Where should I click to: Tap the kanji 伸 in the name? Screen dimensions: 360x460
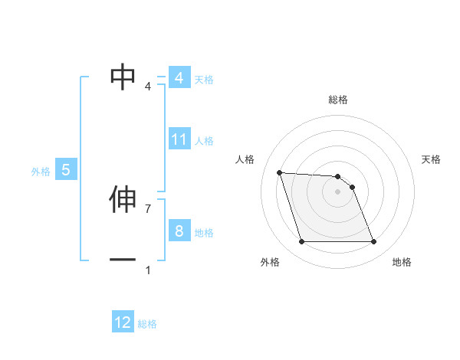click(123, 200)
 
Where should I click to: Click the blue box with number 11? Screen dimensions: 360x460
click(179, 139)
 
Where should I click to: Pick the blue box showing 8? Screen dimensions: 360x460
click(179, 231)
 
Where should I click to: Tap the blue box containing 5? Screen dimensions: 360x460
click(66, 170)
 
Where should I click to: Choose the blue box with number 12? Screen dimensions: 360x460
click(123, 322)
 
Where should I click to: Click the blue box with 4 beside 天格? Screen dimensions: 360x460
click(179, 78)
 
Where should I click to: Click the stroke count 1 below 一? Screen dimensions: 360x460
click(148, 270)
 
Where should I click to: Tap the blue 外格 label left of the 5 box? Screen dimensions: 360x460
click(41, 172)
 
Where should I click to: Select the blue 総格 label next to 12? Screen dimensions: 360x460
click(147, 324)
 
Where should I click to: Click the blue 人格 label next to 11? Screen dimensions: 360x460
click(204, 141)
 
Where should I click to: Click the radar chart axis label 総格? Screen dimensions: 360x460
click(338, 100)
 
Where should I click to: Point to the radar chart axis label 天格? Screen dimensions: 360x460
click(432, 159)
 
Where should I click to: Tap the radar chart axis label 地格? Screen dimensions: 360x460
click(402, 262)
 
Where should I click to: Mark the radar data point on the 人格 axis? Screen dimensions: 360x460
click(279, 172)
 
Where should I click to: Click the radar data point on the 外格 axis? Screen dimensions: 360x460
click(301, 242)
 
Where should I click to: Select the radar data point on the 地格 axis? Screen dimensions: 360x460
click(373, 242)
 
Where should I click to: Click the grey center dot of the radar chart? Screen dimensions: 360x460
click(337, 192)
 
